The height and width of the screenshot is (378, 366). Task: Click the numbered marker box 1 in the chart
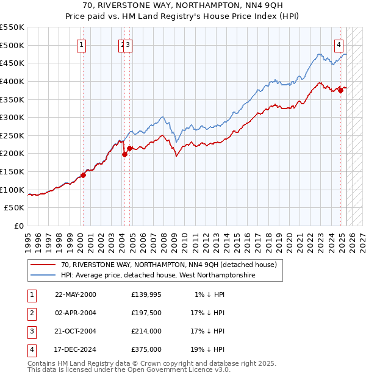82,44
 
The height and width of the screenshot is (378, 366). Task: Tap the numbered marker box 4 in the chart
339,44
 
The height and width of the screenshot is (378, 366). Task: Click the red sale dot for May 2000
84,175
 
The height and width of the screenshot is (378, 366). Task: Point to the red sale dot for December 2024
341,90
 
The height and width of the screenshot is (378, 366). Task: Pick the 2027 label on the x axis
362,238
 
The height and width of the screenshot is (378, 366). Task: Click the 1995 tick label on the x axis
27,238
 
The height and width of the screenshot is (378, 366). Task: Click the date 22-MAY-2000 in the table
76,294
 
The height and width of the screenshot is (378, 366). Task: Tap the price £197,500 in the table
146,313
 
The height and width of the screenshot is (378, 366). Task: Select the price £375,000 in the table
146,349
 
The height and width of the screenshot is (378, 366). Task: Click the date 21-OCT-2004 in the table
76,331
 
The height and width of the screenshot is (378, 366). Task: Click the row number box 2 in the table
30,313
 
